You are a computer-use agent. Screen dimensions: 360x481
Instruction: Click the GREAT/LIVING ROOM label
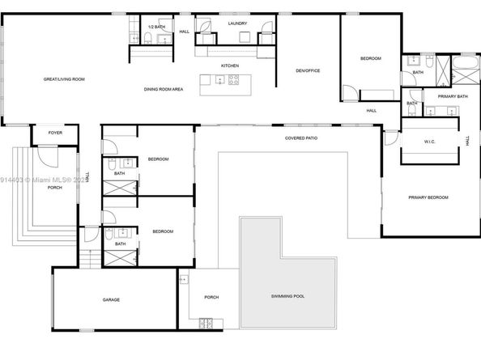64,79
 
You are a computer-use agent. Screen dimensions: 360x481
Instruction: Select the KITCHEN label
230,66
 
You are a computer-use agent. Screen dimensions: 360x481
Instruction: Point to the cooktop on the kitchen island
232,79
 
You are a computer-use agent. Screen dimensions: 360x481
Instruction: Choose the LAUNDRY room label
236,23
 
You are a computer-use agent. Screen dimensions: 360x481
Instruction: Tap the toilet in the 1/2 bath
136,38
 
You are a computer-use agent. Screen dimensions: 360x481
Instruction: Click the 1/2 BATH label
155,28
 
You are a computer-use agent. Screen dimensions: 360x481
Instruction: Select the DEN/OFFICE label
308,70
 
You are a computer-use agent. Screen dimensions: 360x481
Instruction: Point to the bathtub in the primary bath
466,61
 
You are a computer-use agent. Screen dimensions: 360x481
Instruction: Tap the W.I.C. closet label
430,142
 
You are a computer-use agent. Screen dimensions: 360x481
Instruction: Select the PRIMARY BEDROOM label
428,197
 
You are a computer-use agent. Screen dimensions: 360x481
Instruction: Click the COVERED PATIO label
300,138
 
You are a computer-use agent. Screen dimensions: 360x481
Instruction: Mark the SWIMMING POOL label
287,297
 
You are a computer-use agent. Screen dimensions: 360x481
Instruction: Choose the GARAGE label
111,299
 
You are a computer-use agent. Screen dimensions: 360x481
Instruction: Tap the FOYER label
55,133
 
